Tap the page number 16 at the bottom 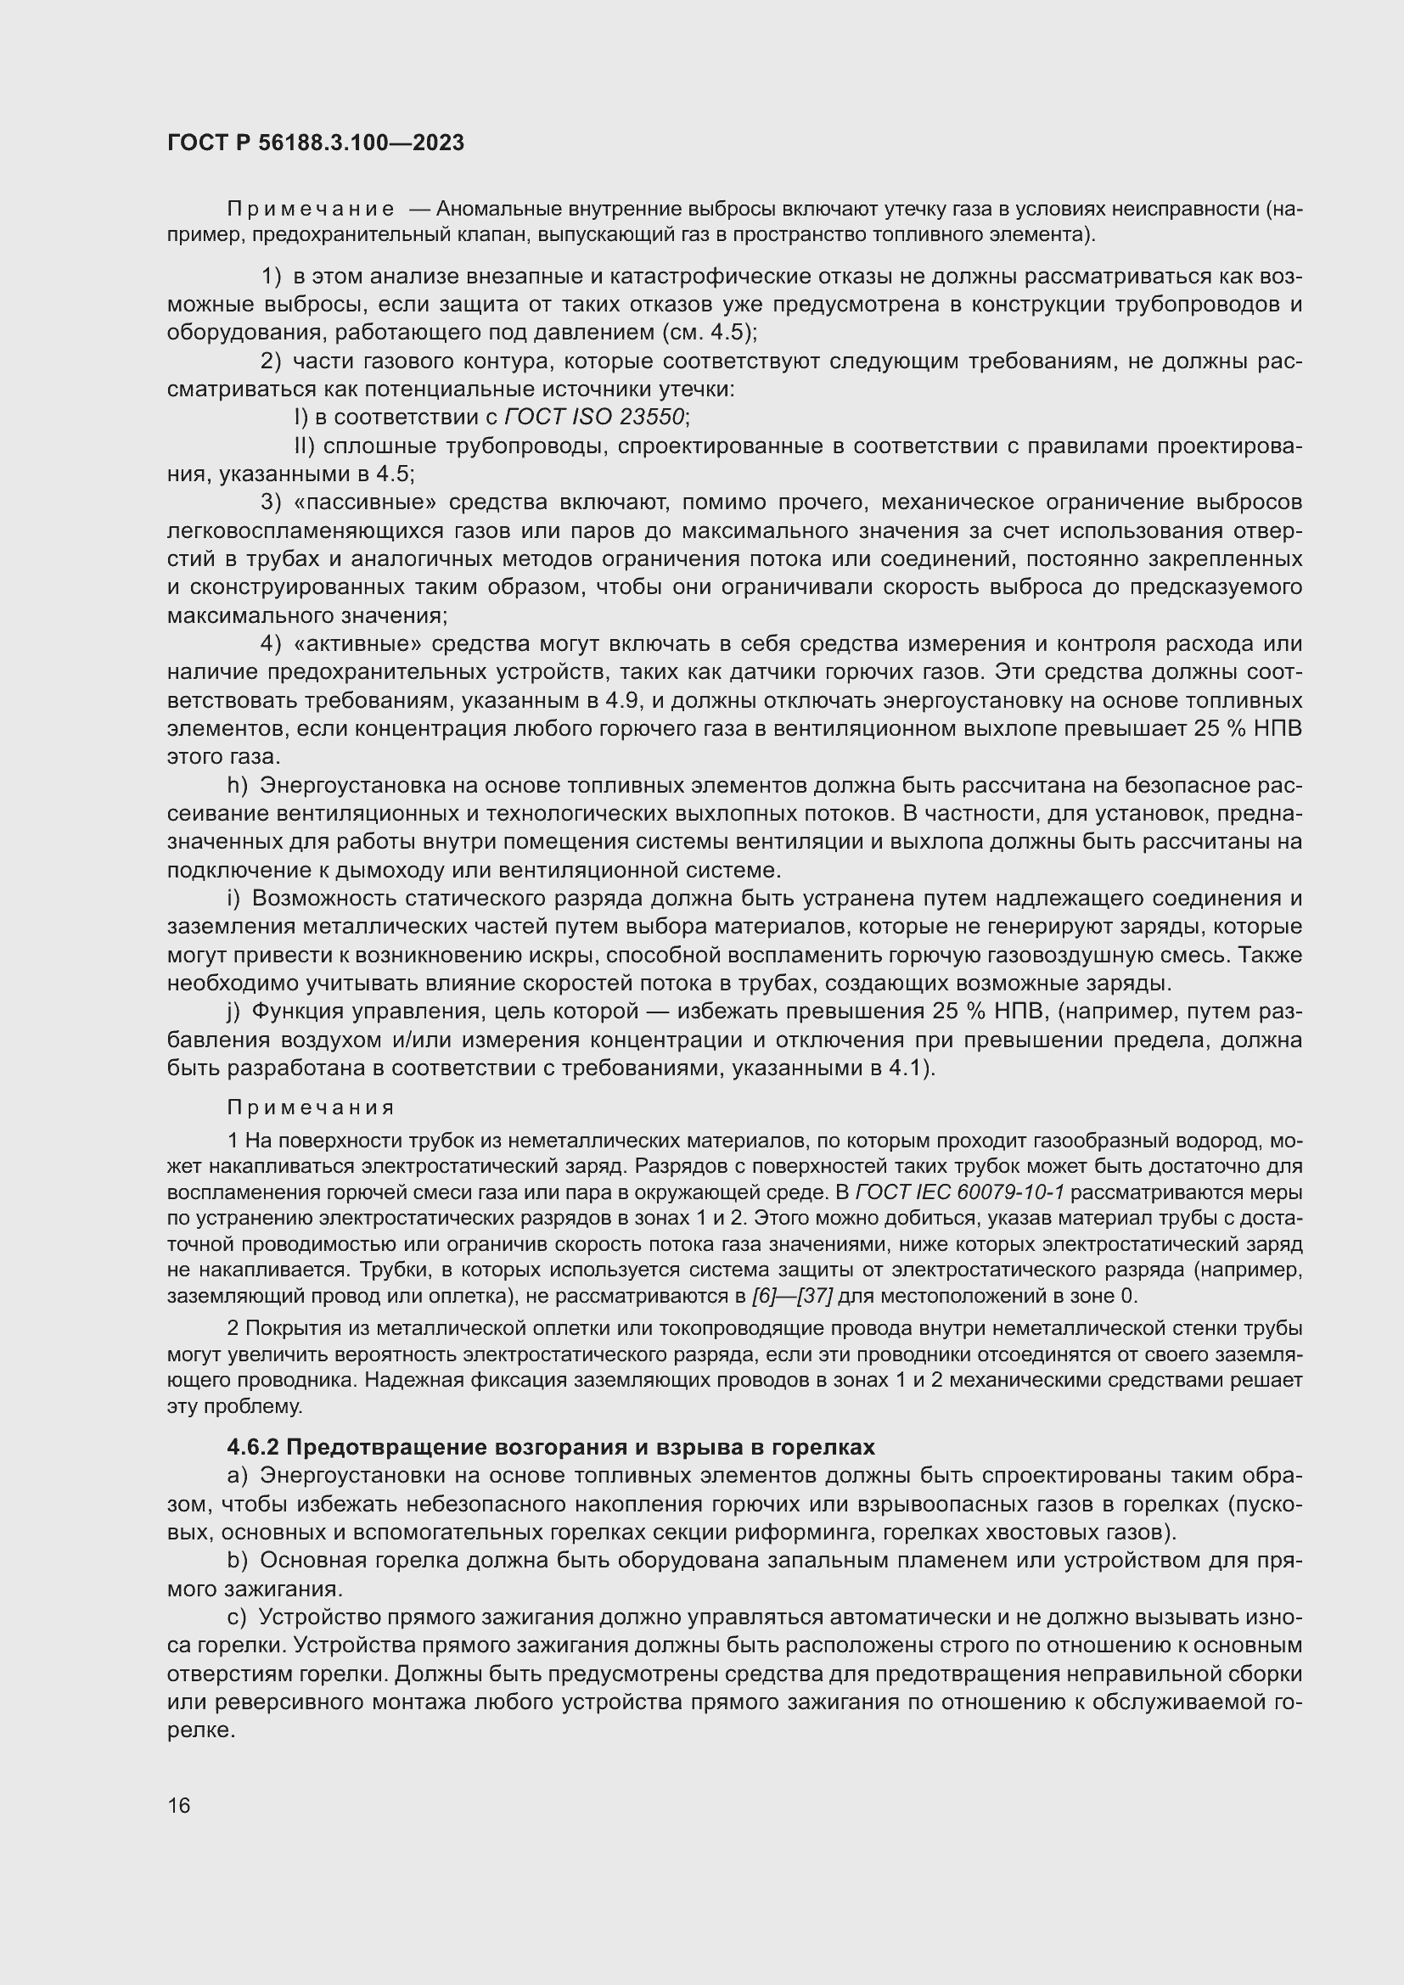click(179, 1805)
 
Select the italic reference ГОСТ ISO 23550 click(595, 418)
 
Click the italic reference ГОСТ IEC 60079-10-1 click(960, 1193)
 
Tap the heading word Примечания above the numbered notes click(311, 1108)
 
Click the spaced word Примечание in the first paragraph click(311, 210)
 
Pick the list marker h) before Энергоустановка click(237, 786)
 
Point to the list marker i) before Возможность click(233, 899)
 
